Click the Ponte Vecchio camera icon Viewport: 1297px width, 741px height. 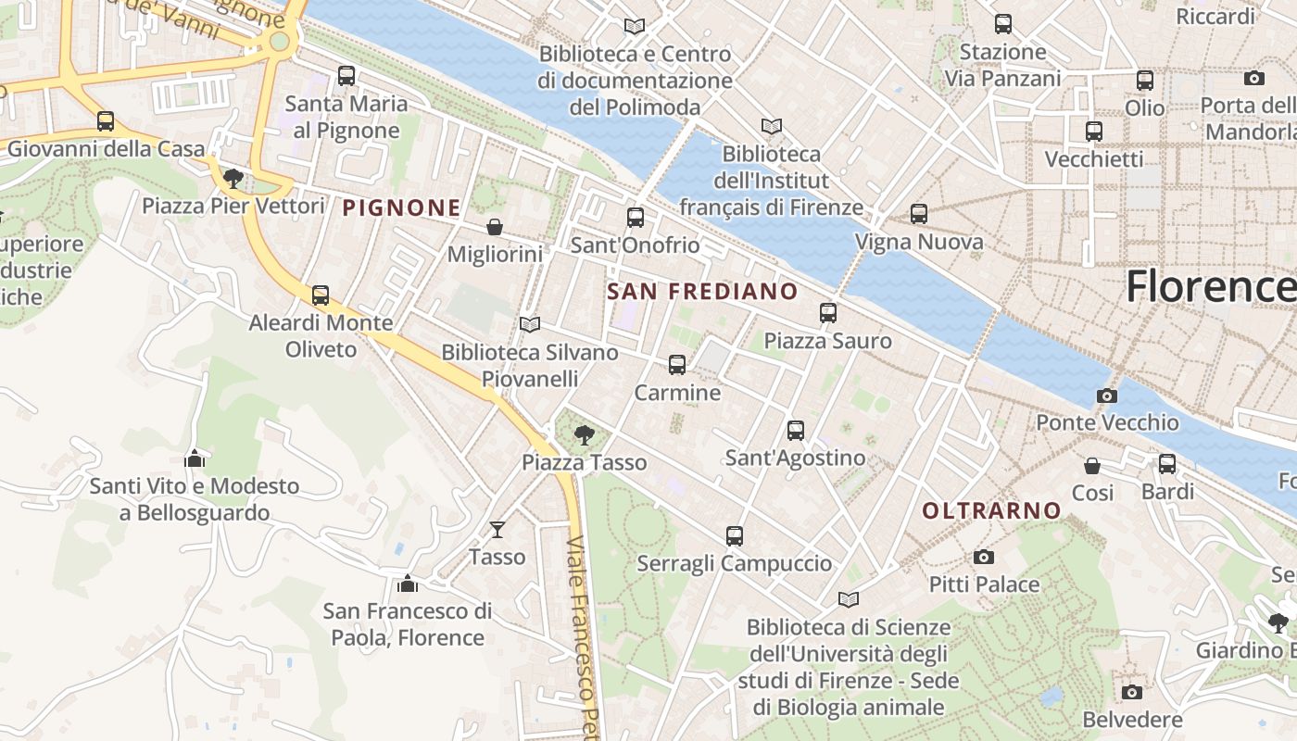tap(1106, 396)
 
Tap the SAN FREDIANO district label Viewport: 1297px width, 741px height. tap(702, 292)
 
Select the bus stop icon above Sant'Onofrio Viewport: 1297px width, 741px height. tap(635, 218)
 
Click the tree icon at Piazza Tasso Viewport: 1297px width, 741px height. tap(584, 434)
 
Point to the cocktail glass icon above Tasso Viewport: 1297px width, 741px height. tap(497, 529)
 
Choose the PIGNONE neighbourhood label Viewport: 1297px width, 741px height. tap(401, 208)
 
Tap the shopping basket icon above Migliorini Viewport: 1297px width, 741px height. tap(495, 227)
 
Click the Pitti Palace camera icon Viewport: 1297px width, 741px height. tap(984, 557)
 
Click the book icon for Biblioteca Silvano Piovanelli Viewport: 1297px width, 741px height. tap(530, 324)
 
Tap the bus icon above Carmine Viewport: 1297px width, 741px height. tap(677, 365)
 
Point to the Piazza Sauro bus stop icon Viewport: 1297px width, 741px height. tap(827, 313)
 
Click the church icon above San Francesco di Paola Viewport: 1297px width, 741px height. tap(407, 584)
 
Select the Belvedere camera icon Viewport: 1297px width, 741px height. tap(1131, 692)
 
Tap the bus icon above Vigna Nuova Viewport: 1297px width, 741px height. tap(918, 214)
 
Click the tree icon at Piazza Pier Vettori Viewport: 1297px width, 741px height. tap(233, 178)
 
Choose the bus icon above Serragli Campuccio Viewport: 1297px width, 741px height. tap(735, 535)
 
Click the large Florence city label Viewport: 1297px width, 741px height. tap(1210, 287)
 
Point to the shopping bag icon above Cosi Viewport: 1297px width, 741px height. tap(1092, 465)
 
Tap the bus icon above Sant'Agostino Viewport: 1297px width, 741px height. tap(795, 430)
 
